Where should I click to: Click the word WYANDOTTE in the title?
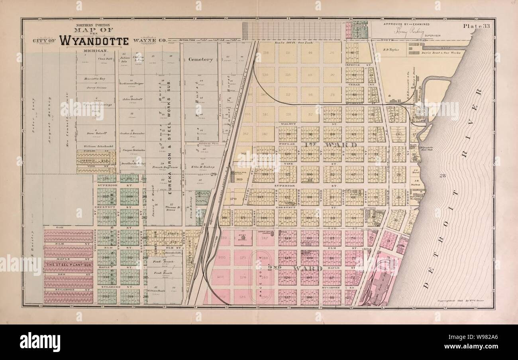point(94,41)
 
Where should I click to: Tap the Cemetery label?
point(201,59)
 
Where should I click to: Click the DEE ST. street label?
point(68,274)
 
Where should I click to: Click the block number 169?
point(239,180)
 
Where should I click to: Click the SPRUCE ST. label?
point(354,64)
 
